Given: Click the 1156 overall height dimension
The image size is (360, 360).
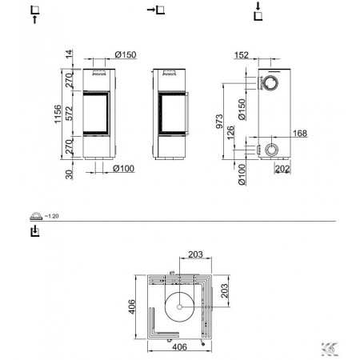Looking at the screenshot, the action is [58, 114].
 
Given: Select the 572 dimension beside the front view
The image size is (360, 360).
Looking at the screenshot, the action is [70, 114].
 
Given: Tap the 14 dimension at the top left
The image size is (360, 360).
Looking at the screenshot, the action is [69, 54].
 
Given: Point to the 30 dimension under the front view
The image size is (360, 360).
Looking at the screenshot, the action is [69, 174].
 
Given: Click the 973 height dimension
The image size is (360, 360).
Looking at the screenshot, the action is [219, 122].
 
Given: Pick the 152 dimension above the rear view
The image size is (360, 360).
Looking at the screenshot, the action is [242, 55].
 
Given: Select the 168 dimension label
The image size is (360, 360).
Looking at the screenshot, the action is [300, 133].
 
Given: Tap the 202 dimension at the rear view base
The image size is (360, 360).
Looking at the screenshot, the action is [282, 169].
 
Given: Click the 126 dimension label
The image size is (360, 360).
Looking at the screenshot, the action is [230, 132].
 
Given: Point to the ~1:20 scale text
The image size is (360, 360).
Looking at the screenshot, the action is [51, 216].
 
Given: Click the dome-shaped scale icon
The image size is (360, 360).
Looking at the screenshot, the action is [36, 216].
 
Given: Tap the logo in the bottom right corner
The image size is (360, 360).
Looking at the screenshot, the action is [330, 350].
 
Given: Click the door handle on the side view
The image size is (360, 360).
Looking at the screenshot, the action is [188, 114].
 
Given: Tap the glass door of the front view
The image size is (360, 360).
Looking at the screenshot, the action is [96, 114].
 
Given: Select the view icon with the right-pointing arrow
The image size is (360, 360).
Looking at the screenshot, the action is [156, 10].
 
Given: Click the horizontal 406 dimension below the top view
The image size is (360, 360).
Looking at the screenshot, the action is [179, 347].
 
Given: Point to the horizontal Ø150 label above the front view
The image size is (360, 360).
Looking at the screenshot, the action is [126, 54].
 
